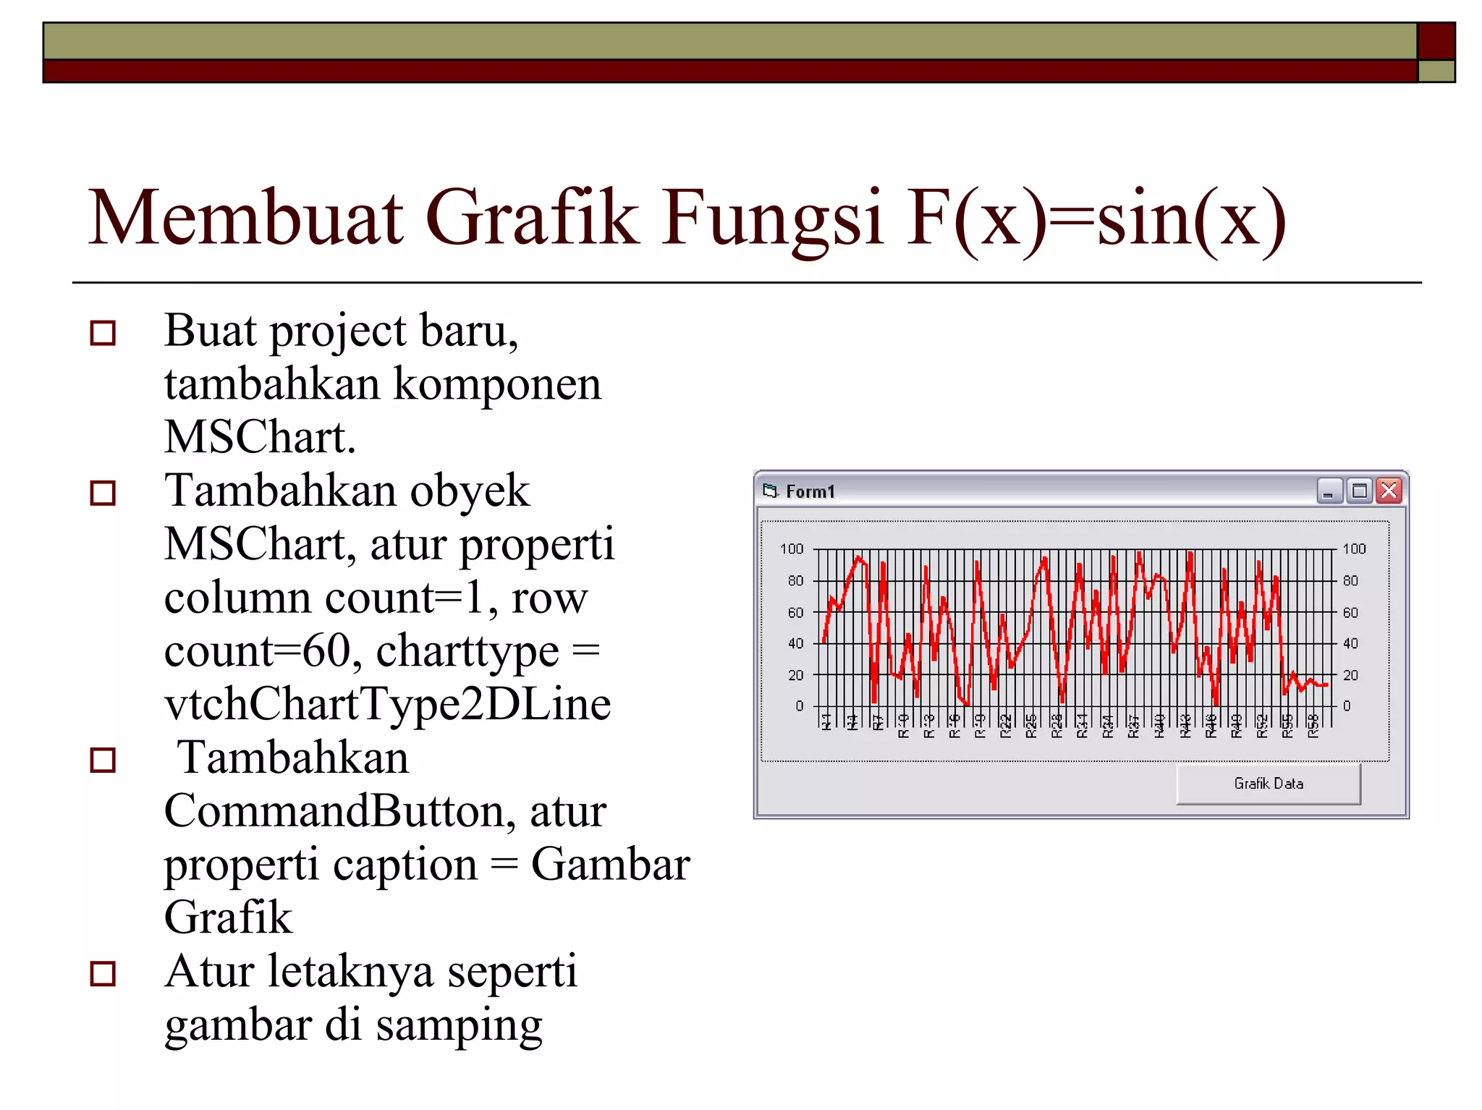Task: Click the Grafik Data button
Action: click(x=1268, y=784)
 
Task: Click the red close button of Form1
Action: click(x=1389, y=491)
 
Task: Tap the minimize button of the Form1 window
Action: click(x=1329, y=491)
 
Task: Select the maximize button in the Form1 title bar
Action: click(x=1360, y=491)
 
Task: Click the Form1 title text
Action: click(x=810, y=492)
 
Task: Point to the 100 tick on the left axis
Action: click(x=792, y=549)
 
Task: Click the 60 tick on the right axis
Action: click(x=1350, y=613)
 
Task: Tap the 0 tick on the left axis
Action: click(x=799, y=706)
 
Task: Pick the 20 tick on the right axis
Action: click(x=1350, y=675)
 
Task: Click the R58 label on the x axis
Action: click(x=1313, y=725)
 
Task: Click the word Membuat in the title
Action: click(x=245, y=218)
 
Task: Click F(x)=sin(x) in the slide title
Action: click(x=1096, y=218)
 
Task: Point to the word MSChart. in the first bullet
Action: click(x=260, y=437)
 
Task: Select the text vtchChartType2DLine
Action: click(x=388, y=704)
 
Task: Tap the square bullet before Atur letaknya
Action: click(x=103, y=974)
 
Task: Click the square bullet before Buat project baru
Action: click(x=103, y=333)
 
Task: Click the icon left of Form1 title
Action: click(x=770, y=491)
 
